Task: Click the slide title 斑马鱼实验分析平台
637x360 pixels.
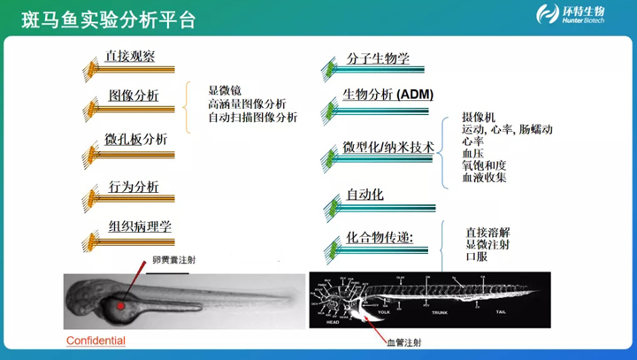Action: [x=104, y=18]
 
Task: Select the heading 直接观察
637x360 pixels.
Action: [x=130, y=57]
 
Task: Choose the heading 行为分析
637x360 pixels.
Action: [x=134, y=187]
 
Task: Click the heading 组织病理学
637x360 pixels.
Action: [x=140, y=226]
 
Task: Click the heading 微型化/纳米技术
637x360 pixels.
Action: [x=388, y=147]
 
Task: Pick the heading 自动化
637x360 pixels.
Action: [x=365, y=195]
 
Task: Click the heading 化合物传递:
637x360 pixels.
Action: [x=380, y=237]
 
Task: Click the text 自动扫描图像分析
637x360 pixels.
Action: [x=252, y=118]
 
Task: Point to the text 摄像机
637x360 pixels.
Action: [x=479, y=117]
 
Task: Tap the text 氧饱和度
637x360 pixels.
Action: [x=484, y=165]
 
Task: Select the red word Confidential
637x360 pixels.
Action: [x=96, y=341]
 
